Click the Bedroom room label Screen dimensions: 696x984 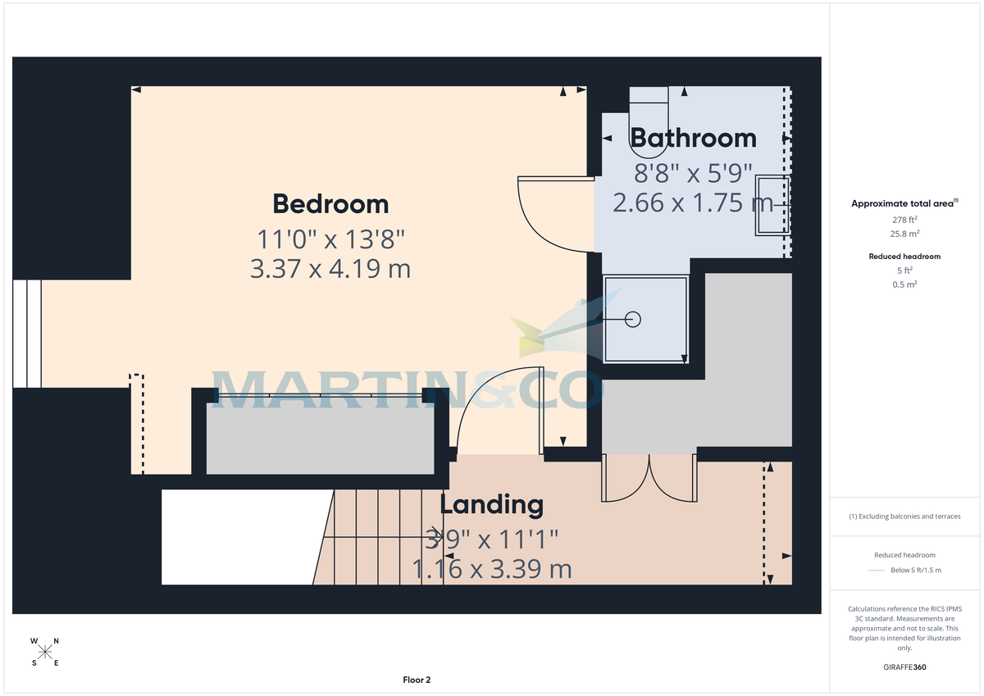tap(330, 203)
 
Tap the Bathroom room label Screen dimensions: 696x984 tap(693, 138)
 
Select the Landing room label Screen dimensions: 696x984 tap(491, 505)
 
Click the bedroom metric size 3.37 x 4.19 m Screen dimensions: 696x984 tap(330, 268)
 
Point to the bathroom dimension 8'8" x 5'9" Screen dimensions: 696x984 tap(693, 173)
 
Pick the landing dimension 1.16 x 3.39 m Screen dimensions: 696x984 tap(491, 568)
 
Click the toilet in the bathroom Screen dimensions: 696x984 tap(649, 119)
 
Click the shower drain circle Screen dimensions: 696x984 tap(633, 320)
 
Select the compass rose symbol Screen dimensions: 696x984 tap(45, 652)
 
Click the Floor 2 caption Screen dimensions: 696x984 tap(417, 680)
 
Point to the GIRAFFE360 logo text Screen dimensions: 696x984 tap(904, 667)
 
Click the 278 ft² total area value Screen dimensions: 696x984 tap(904, 220)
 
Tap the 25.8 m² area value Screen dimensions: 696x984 tap(904, 233)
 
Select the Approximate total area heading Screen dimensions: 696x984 tap(904, 203)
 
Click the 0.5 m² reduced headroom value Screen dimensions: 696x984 tap(904, 284)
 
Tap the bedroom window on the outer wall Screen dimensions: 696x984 tap(26, 333)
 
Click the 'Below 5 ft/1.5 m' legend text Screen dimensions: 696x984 tap(915, 570)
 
